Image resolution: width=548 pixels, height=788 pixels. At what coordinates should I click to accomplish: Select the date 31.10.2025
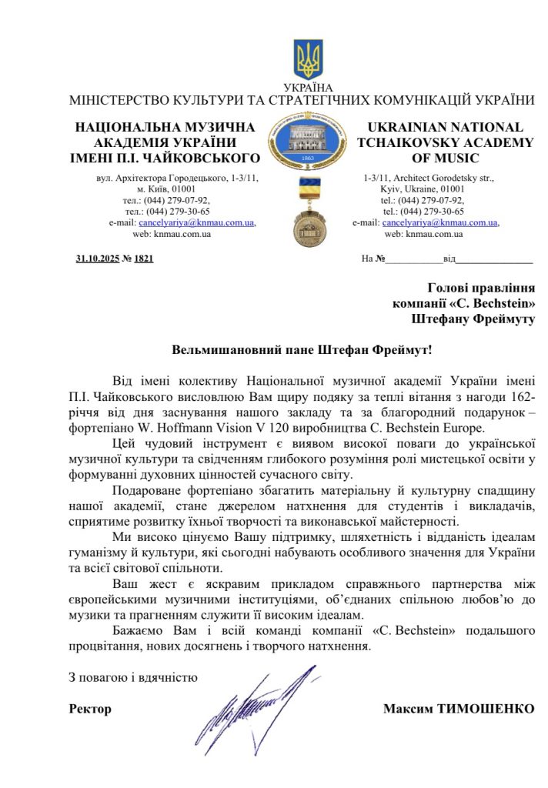(x=97, y=258)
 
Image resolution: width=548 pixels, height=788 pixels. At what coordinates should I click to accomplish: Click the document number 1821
(x=144, y=258)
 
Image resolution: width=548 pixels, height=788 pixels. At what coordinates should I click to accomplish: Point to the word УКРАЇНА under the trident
(x=309, y=88)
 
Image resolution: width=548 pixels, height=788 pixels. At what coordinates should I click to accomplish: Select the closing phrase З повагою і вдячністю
(x=133, y=678)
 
